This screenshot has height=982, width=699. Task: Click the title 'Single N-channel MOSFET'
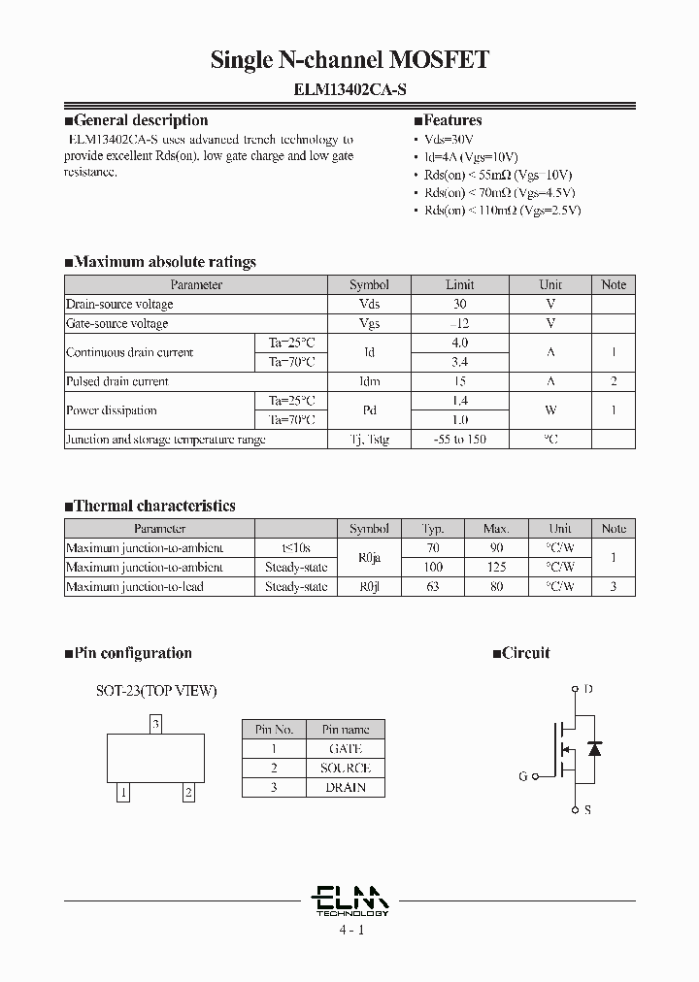coord(349,60)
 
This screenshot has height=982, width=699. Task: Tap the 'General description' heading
coord(136,120)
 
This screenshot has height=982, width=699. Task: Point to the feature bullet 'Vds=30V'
coord(452,140)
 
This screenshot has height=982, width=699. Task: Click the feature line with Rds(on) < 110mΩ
coord(503,210)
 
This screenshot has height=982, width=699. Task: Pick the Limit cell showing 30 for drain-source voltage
coord(459,304)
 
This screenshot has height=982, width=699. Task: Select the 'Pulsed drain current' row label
coord(117,381)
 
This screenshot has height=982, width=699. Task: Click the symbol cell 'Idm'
coord(369,381)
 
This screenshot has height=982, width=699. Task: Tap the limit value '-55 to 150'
coord(459,440)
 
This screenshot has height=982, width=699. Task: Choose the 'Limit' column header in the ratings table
coord(459,285)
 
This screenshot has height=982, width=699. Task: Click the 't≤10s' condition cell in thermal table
coord(295,548)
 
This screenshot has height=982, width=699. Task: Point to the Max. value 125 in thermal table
coord(496,568)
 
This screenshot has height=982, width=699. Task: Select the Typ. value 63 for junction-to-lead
coord(433,587)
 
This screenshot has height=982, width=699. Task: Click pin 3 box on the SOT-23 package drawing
coord(155,724)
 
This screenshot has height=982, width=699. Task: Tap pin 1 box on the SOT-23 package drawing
coord(122,793)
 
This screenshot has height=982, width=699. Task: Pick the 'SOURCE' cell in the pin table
coord(345,769)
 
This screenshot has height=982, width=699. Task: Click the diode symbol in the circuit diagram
coord(595,749)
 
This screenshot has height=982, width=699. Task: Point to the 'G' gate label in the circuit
coord(523,776)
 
